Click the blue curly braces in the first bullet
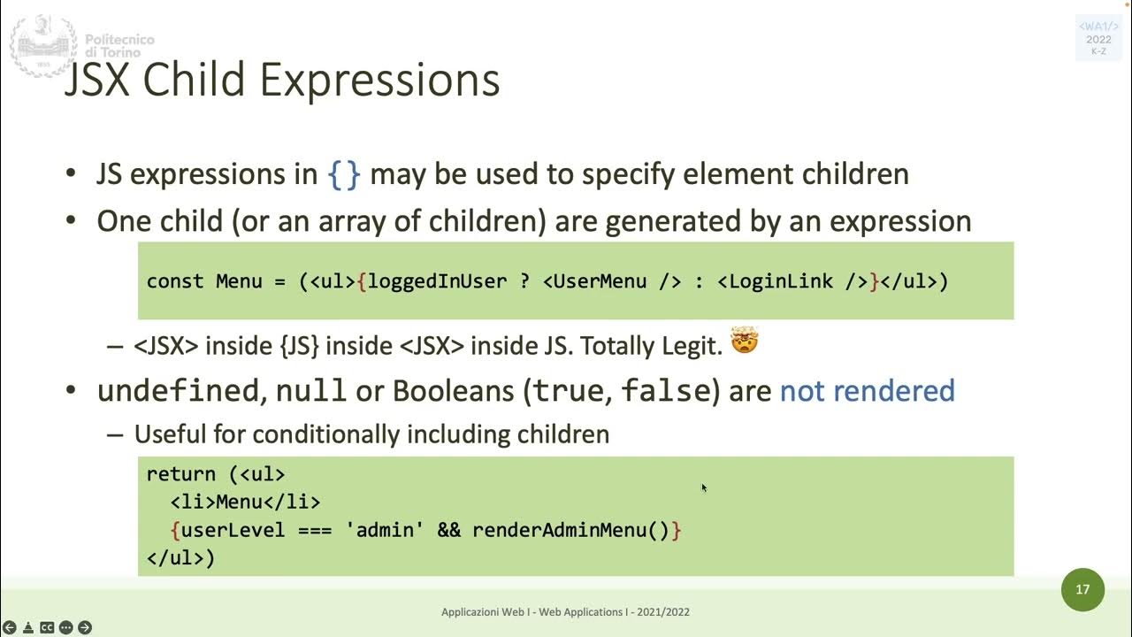[x=344, y=174]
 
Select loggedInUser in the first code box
[x=437, y=281]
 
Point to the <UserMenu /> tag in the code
[x=612, y=281]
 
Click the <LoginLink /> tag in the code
[x=792, y=281]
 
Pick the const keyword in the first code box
[x=175, y=281]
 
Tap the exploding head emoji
[x=745, y=341]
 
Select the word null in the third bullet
[x=310, y=391]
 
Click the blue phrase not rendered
[x=867, y=391]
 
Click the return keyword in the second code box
[x=180, y=474]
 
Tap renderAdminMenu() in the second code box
[x=570, y=530]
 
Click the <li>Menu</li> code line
[x=245, y=503]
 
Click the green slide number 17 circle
[x=1082, y=589]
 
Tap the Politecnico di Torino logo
[x=42, y=44]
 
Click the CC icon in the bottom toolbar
[x=47, y=627]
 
